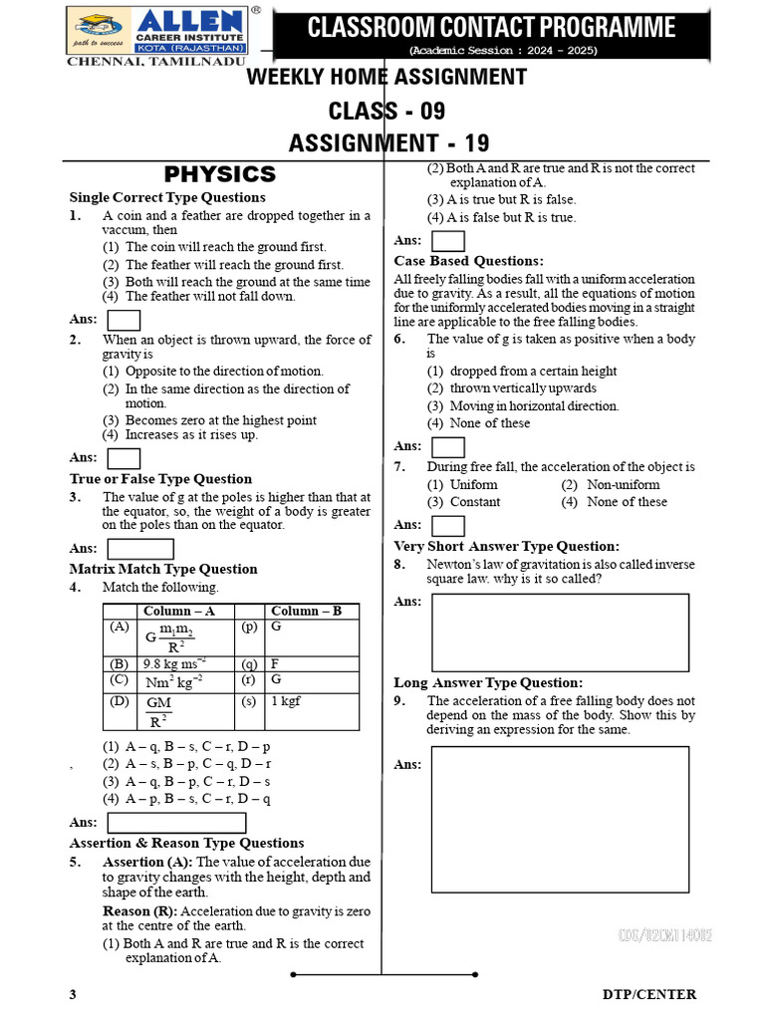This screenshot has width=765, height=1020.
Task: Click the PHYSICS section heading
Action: (219, 174)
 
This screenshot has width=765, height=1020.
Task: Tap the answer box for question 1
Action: (124, 320)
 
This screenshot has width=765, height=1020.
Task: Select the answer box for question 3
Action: (139, 549)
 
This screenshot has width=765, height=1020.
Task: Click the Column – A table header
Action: (179, 611)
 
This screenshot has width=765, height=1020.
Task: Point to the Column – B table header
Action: (306, 611)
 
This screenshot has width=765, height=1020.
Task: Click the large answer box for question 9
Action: (560, 820)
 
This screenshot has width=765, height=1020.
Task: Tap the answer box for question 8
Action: (560, 634)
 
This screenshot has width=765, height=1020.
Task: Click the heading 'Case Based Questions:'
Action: (468, 261)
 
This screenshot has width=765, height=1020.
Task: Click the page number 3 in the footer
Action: (73, 994)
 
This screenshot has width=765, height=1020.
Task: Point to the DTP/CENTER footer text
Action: (649, 994)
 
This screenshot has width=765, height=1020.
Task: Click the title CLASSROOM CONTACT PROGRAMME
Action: (491, 27)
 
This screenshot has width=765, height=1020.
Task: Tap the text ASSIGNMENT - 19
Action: (388, 143)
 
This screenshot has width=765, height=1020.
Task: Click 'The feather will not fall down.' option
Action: (210, 296)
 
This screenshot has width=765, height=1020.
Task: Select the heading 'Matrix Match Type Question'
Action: (163, 569)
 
